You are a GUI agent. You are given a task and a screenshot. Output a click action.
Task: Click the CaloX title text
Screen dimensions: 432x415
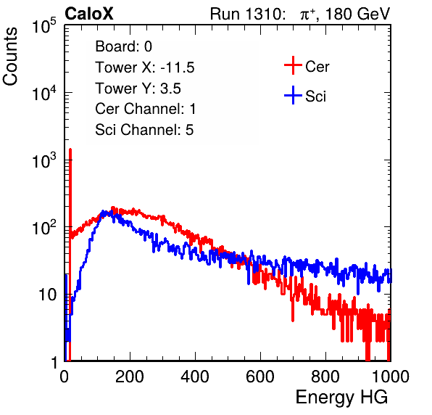pos(89,14)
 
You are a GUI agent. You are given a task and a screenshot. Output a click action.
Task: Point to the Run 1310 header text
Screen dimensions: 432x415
pos(247,14)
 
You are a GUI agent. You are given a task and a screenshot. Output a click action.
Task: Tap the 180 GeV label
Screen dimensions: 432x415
pos(357,14)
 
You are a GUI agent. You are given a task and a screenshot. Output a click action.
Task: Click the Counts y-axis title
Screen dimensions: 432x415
pos(10,57)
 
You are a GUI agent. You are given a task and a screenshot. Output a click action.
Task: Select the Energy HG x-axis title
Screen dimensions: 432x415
pos(341,398)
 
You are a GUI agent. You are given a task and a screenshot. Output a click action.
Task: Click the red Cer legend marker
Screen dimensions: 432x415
pos(293,65)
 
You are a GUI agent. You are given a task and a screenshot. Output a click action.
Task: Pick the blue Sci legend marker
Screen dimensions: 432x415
pos(293,96)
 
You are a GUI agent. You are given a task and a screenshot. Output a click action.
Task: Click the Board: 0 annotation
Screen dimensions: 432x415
pos(123,46)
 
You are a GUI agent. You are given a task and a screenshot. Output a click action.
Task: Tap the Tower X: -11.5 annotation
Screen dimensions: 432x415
pos(145,67)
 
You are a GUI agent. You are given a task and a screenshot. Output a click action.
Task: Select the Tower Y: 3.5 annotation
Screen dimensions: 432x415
pos(138,89)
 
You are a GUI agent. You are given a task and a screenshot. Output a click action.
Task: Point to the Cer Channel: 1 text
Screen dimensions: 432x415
pos(146,109)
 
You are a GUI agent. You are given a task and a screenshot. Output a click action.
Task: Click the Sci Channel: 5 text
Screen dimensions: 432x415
pos(144,130)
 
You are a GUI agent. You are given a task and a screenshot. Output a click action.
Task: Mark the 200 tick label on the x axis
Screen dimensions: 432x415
pos(130,377)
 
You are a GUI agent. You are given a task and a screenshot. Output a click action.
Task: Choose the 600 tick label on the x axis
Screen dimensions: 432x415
pos(260,377)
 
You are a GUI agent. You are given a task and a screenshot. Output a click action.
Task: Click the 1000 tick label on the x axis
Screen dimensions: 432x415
pos(391,377)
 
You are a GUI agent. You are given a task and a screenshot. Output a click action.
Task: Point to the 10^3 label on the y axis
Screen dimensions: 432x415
pos(44,160)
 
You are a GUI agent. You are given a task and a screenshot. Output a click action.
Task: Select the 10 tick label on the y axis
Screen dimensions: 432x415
pos(47,295)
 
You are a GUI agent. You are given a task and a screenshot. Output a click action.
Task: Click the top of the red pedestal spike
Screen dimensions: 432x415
pos(70,149)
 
